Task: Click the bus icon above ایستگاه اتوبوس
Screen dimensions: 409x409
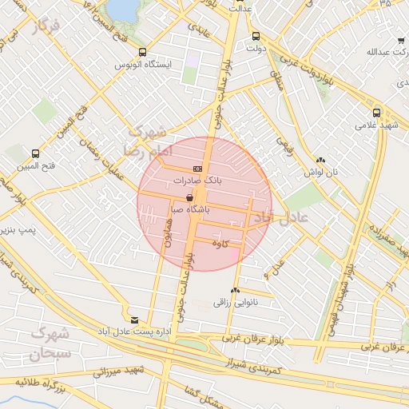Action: click(x=142, y=52)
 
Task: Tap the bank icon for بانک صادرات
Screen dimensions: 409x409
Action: click(x=197, y=169)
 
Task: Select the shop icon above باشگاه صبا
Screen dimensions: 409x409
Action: click(x=189, y=197)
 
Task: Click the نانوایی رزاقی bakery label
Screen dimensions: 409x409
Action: click(x=233, y=303)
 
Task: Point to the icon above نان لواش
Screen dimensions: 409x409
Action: click(x=320, y=160)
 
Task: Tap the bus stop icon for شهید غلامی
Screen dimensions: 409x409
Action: click(x=377, y=113)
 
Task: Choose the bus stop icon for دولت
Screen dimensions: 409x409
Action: click(x=256, y=36)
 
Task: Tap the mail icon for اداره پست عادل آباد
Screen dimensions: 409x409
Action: click(x=134, y=319)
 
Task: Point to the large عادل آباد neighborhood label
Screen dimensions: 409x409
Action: click(x=275, y=217)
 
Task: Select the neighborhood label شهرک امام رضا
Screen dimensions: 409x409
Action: click(x=145, y=140)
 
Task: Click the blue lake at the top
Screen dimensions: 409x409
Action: click(x=122, y=8)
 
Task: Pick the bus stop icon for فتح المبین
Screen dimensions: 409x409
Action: click(x=35, y=153)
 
